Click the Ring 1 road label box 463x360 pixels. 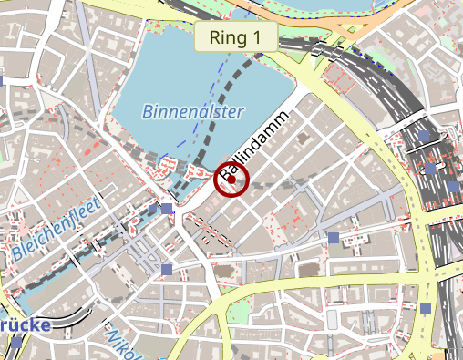[235, 37]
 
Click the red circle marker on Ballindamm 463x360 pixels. [231, 180]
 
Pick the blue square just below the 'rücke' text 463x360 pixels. [17, 343]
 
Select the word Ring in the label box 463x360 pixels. [228, 37]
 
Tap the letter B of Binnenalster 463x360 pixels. [149, 112]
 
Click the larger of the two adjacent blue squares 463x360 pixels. [167, 211]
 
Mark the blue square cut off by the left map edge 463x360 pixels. [2, 81]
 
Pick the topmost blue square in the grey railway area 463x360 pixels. [425, 137]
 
